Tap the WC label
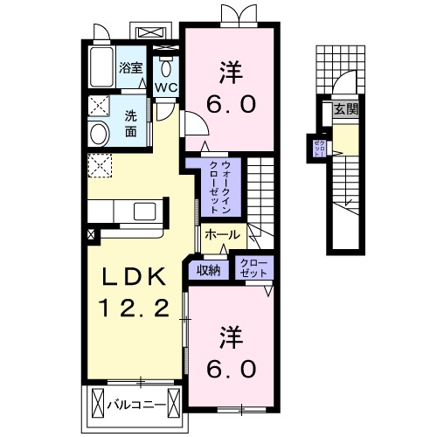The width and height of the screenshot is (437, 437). [166, 87]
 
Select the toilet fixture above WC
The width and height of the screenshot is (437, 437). [166, 66]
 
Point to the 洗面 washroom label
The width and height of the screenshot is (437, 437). [129, 125]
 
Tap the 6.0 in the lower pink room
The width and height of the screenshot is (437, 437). [231, 368]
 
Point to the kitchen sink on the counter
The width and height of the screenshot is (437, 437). [142, 212]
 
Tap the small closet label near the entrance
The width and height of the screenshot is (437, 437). [321, 148]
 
